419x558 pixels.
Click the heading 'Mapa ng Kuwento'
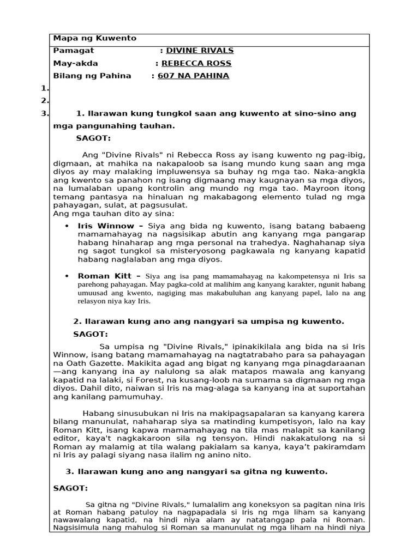point(94,38)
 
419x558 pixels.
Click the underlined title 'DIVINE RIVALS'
point(200,51)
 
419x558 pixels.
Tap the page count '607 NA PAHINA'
point(193,76)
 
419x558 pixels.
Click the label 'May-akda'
point(76,63)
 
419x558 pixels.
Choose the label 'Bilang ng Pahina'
point(92,76)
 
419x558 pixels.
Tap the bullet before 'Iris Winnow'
point(67,226)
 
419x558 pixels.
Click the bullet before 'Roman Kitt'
point(67,276)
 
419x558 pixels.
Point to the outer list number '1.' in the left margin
point(44,89)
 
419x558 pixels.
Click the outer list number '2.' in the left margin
point(44,101)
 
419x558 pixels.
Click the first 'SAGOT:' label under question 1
point(93,138)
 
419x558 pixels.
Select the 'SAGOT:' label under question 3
point(70,489)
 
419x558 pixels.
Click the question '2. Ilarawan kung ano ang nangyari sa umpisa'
point(208,322)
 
